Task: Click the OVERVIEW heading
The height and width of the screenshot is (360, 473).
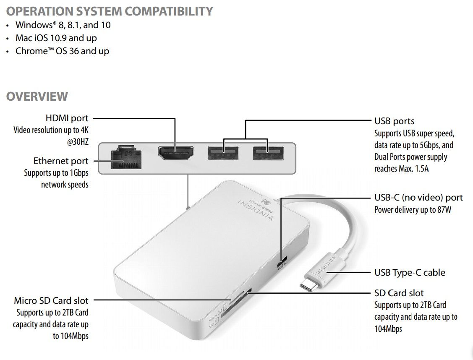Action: tap(37, 96)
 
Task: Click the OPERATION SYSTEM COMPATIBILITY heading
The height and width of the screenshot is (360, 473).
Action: tap(110, 11)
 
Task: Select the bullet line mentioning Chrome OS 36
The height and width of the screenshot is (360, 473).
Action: tap(62, 51)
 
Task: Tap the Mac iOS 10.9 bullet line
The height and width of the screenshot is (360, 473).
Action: tap(56, 38)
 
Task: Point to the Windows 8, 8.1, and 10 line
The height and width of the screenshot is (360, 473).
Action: tap(63, 25)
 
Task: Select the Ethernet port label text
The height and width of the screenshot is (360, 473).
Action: tap(61, 161)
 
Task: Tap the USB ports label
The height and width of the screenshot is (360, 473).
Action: tap(394, 121)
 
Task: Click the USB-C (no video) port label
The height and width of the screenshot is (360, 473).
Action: tap(418, 198)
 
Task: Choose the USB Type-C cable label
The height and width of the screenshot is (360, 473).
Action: tap(410, 273)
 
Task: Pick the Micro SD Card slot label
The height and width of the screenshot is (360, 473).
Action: tap(51, 300)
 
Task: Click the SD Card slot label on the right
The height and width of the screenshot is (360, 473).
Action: tap(399, 293)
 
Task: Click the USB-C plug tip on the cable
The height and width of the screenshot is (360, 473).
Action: tap(309, 285)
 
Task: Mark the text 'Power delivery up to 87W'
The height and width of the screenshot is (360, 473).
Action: tap(413, 209)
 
